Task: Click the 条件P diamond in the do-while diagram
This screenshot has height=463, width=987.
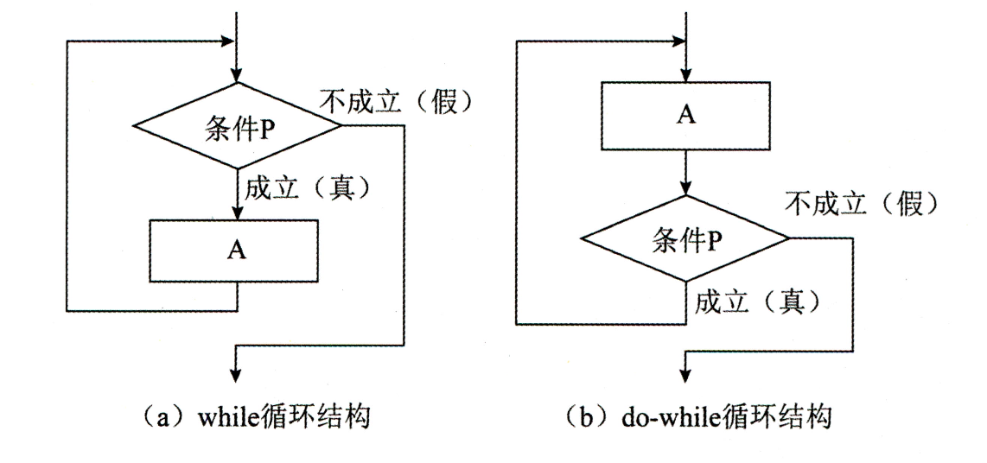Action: pyautogui.click(x=685, y=238)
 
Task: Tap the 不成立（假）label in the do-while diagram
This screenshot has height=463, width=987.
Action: pyautogui.click(x=861, y=204)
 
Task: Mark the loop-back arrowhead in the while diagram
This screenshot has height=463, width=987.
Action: pyautogui.click(x=228, y=41)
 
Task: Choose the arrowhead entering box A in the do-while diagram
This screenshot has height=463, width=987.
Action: pyautogui.click(x=685, y=76)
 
